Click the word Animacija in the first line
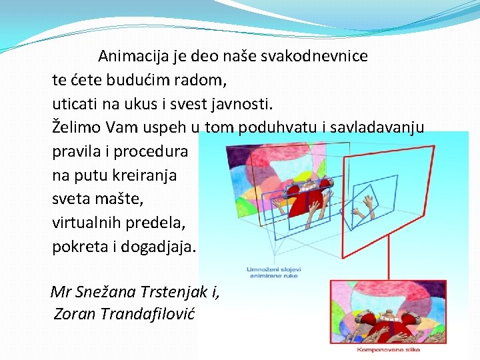coord(131,56)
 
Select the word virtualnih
coord(87,223)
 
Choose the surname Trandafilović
coord(147,314)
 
